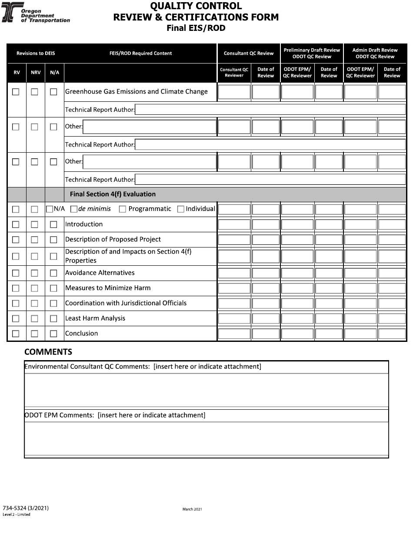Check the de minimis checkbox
point(74,209)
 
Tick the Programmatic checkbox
point(123,209)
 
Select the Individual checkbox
point(181,209)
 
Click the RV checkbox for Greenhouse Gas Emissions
point(16,92)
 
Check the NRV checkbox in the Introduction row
point(34,224)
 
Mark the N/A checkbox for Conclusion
point(53,334)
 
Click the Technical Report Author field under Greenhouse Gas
point(270,110)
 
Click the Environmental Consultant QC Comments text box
point(206,390)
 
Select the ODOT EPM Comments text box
point(206,438)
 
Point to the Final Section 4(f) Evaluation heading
point(113,194)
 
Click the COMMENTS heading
point(48,352)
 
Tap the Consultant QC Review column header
point(249,53)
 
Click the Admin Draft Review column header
point(375,53)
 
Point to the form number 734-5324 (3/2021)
point(26,508)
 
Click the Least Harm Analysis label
point(95,318)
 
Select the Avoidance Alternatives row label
point(100,273)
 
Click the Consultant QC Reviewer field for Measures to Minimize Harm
point(234,288)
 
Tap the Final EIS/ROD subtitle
point(196,28)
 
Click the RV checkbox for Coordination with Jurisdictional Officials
point(16,303)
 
